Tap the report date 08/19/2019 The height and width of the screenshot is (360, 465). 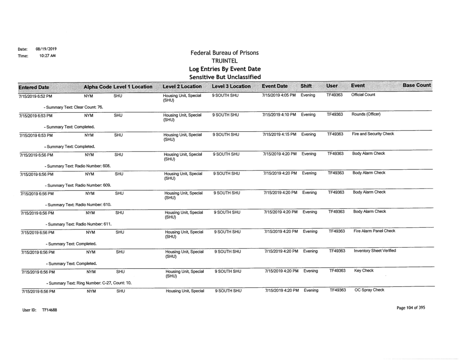[x=37, y=48]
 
